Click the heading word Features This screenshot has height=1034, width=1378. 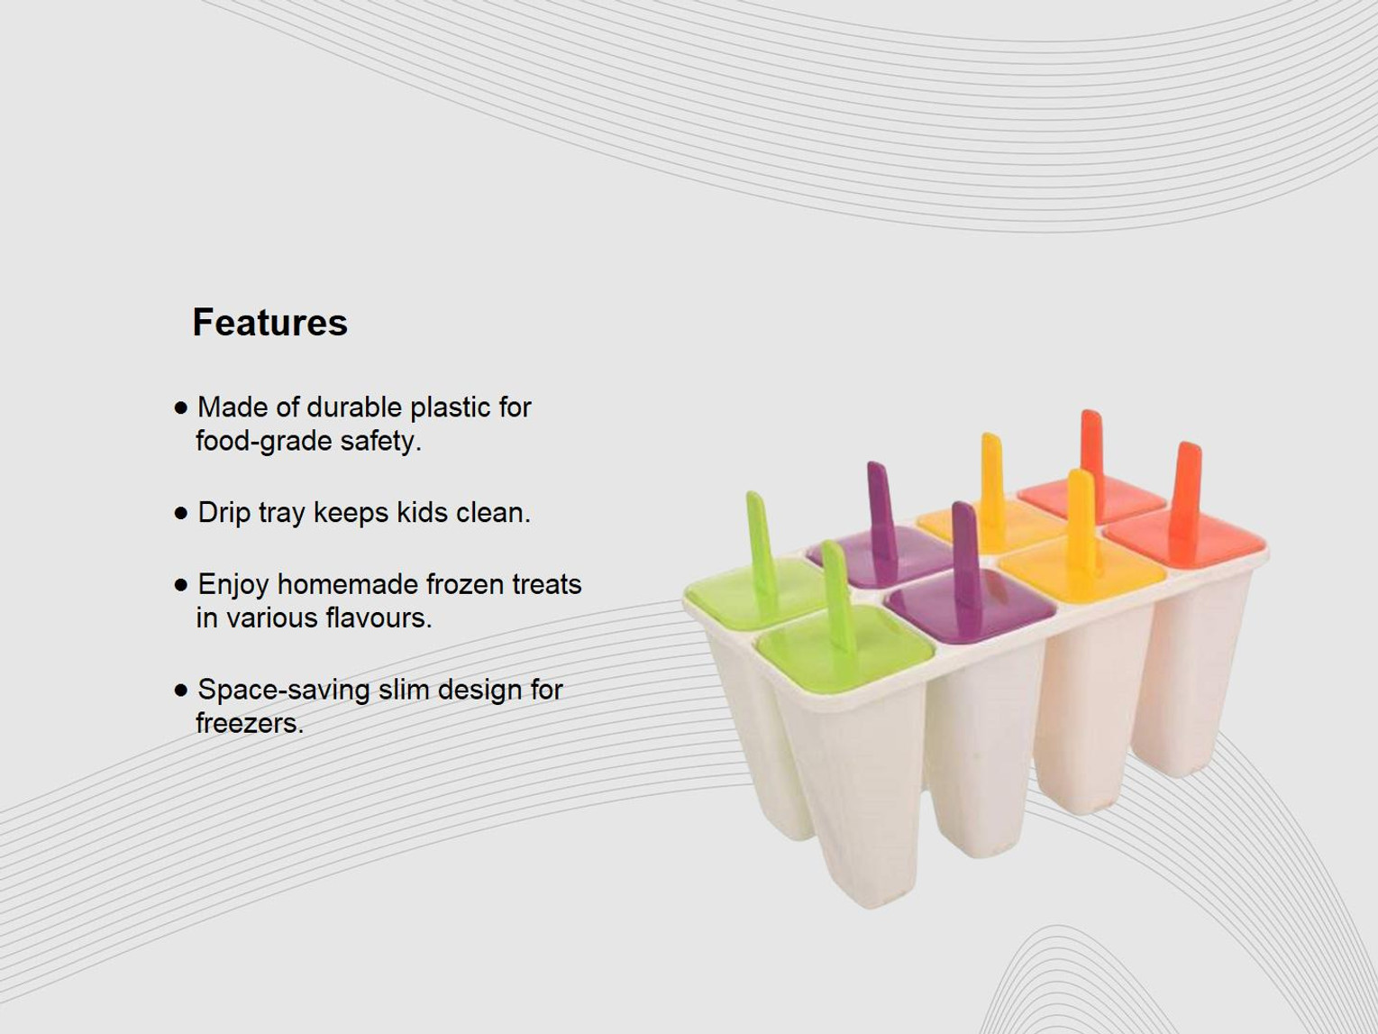[x=270, y=323]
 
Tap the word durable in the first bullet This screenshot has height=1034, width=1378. [x=354, y=407]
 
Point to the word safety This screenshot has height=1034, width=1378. [x=380, y=442]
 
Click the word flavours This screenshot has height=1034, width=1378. [x=379, y=618]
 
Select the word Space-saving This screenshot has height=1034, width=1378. [x=284, y=691]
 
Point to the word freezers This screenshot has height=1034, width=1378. [x=250, y=723]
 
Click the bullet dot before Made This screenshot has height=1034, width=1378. [x=181, y=408]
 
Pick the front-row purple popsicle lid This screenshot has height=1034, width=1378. [x=970, y=606]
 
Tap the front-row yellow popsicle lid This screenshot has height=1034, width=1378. [x=1082, y=569]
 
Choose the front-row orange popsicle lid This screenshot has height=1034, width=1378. [x=1184, y=537]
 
